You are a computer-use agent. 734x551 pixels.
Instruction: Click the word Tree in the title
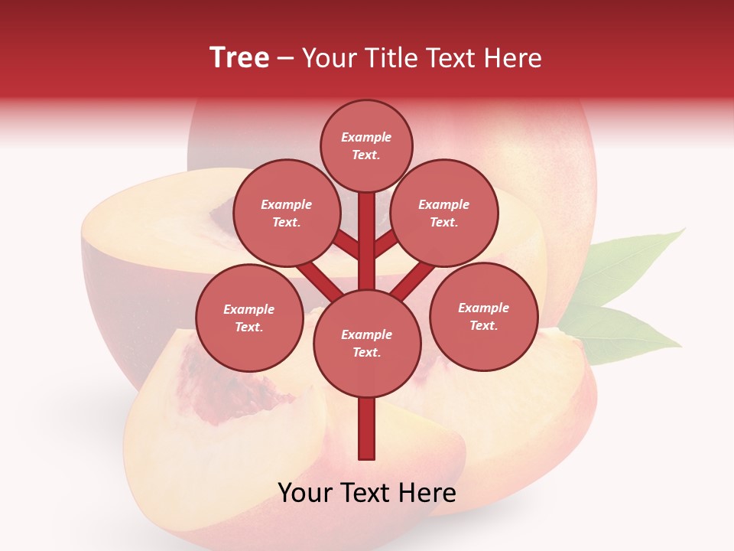point(239,58)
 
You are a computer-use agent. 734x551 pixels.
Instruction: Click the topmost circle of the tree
point(366,145)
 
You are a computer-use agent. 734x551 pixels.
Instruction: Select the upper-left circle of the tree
point(286,213)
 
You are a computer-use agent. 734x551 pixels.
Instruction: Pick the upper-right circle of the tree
point(444,213)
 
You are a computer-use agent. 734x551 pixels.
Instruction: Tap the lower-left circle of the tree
point(249,318)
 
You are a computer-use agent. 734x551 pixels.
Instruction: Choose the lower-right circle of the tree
point(483,316)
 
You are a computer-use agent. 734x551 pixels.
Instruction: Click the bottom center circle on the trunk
point(367,343)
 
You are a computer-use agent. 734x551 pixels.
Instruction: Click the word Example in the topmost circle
point(366,137)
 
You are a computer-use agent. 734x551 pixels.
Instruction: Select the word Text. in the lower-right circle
point(483,325)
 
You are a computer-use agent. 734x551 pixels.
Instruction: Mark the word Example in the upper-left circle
point(286,204)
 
